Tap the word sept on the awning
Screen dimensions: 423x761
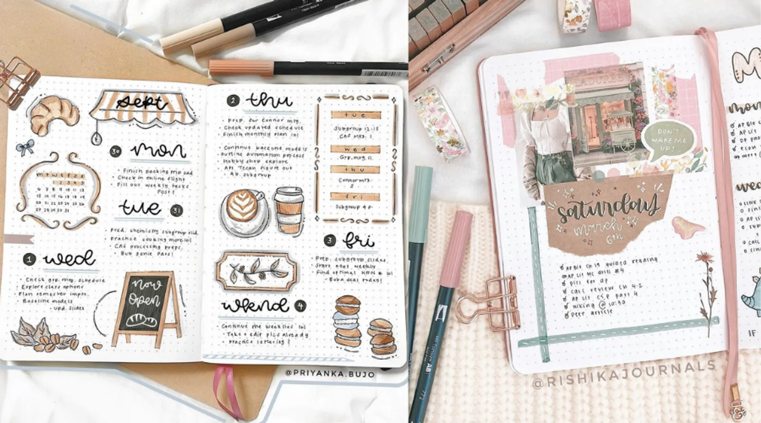141,103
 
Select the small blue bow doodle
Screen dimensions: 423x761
25,147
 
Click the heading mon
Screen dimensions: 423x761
158,151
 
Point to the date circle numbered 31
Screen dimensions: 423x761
176,211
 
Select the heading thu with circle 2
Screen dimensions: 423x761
269,101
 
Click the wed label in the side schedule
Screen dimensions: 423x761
355,149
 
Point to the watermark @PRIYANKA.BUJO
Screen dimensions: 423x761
330,373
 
